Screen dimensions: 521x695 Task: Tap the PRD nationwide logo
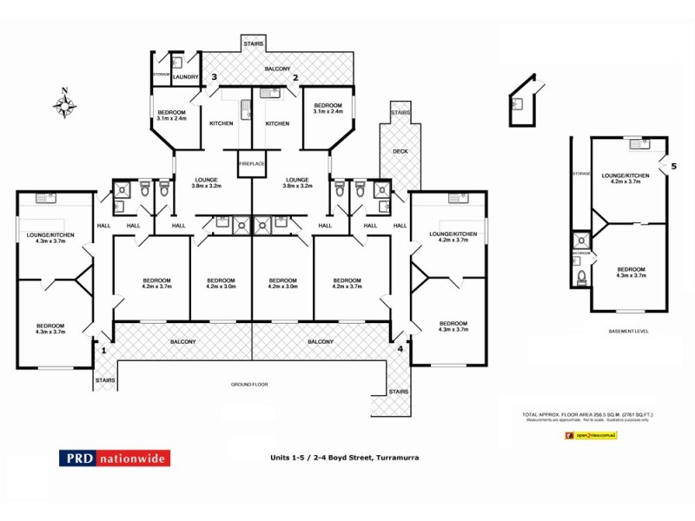(x=115, y=458)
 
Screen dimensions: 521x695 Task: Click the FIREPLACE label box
(x=252, y=163)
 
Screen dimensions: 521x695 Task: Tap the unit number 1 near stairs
(x=103, y=351)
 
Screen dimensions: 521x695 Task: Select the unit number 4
(x=400, y=350)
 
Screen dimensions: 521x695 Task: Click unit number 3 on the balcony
(x=213, y=78)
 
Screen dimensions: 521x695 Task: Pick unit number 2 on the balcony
(x=295, y=78)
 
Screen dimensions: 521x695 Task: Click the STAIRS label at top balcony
(x=253, y=43)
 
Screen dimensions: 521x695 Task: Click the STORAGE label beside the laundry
(x=162, y=75)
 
